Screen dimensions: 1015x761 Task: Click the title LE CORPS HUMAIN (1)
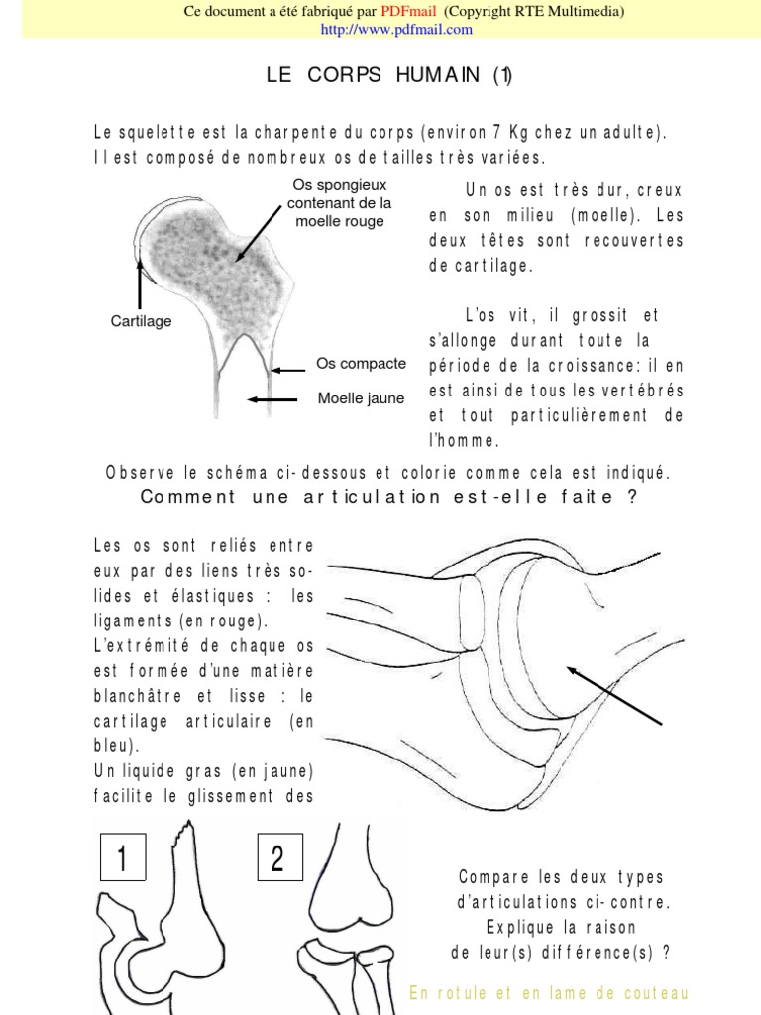(x=388, y=77)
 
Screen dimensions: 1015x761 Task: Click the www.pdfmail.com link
(x=396, y=29)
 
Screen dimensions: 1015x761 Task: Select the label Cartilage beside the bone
(x=141, y=321)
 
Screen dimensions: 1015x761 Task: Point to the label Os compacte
(x=361, y=364)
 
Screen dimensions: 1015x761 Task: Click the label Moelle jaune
(x=361, y=398)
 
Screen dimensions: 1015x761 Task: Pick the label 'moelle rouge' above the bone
(x=340, y=221)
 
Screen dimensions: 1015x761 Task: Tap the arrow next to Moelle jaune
(x=272, y=399)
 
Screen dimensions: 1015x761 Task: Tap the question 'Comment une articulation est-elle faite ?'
(x=388, y=497)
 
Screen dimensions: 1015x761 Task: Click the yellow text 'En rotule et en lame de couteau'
(x=549, y=993)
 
